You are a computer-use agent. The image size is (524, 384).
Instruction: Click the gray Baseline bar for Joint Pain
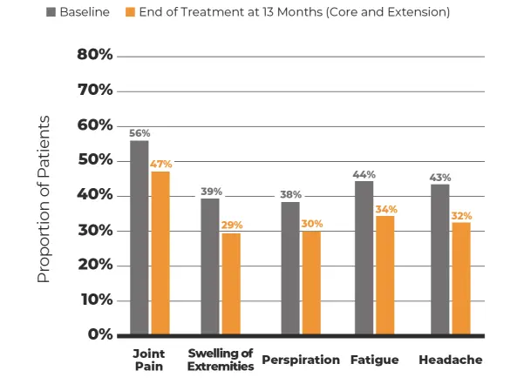pos(140,237)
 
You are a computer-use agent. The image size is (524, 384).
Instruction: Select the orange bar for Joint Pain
pos(160,253)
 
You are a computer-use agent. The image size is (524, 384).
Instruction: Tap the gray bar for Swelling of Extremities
pos(210,266)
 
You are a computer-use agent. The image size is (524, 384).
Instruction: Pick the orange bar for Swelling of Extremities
pos(231,284)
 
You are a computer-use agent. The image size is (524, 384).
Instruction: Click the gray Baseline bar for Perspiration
pos(290,268)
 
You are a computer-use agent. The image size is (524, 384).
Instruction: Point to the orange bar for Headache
pos(461,279)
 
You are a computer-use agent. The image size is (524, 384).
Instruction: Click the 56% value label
pos(140,133)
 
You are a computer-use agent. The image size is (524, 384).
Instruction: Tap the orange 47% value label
pos(161,164)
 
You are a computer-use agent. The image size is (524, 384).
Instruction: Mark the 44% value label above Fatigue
pos(364,174)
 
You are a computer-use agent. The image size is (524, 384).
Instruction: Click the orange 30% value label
pos(311,224)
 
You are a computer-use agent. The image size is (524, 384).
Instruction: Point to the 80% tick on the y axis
pos(96,55)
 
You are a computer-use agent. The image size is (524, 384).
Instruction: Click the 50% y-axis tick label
pos(96,161)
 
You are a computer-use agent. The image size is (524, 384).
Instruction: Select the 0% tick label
pos(100,335)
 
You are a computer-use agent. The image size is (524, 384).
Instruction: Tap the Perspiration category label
pos(301,360)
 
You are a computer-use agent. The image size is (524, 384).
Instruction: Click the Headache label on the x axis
pos(451,360)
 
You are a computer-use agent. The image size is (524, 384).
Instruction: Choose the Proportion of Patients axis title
pos(44,199)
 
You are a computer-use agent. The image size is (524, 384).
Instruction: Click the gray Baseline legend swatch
pos(51,13)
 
